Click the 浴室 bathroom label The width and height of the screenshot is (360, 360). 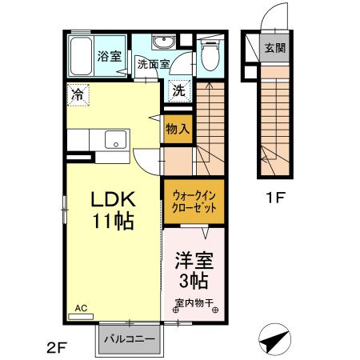tap(110, 56)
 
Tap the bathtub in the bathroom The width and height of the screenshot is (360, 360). tap(81, 56)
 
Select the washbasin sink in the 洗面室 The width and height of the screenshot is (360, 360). tap(163, 42)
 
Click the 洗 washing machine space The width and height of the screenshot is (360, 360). tap(179, 91)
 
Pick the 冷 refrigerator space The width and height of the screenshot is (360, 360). tap(78, 95)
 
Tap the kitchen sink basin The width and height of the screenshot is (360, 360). tap(115, 139)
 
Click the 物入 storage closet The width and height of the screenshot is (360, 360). tap(178, 130)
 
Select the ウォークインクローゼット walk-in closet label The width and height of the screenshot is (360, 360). tap(194, 202)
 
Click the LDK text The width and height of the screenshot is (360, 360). tap(114, 199)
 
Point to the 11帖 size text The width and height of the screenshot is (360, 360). tap(113, 221)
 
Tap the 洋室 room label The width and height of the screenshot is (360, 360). tap(194, 261)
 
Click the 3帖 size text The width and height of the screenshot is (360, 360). tap(194, 281)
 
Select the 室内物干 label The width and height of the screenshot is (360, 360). tap(194, 302)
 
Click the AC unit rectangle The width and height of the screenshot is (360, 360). tap(81, 317)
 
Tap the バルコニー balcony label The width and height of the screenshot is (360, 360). tap(130, 339)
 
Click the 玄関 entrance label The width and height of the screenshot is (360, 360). tap(274, 48)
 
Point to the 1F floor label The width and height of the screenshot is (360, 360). tap(275, 198)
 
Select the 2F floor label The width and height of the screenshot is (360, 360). tap(56, 347)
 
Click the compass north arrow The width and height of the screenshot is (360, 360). tap(274, 339)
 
